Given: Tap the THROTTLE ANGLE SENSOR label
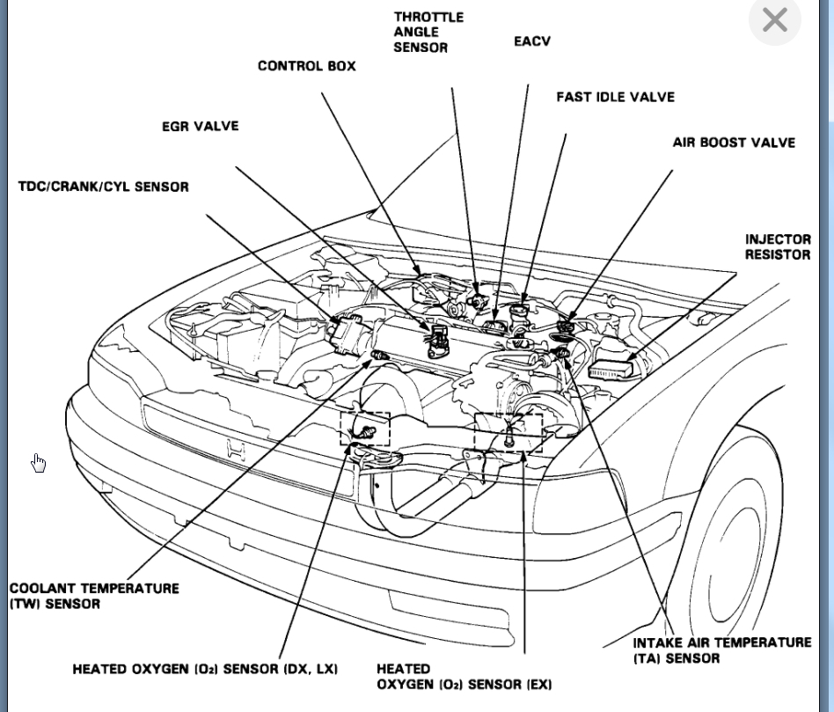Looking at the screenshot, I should click(x=428, y=32).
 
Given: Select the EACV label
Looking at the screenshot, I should click(x=532, y=41).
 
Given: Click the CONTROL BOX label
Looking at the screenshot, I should click(x=307, y=66).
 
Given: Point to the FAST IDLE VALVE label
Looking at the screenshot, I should click(x=615, y=97).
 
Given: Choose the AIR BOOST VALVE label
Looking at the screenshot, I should click(x=734, y=143).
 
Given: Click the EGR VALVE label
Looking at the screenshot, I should click(x=200, y=126).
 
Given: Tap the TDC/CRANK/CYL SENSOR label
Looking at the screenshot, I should click(x=103, y=187).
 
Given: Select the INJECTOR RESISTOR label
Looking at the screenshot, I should click(x=778, y=246).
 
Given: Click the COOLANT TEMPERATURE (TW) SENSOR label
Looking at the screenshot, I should click(x=94, y=596).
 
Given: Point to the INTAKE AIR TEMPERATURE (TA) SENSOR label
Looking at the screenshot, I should click(x=721, y=650).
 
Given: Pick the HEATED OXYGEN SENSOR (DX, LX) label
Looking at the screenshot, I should click(x=205, y=670).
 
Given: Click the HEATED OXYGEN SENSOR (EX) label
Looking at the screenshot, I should click(x=464, y=677).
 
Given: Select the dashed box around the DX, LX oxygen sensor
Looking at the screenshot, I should click(x=365, y=428).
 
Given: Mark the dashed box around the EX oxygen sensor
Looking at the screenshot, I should click(x=508, y=431).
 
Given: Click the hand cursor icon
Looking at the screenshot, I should click(x=39, y=463).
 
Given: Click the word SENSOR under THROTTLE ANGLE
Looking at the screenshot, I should click(x=421, y=48).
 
